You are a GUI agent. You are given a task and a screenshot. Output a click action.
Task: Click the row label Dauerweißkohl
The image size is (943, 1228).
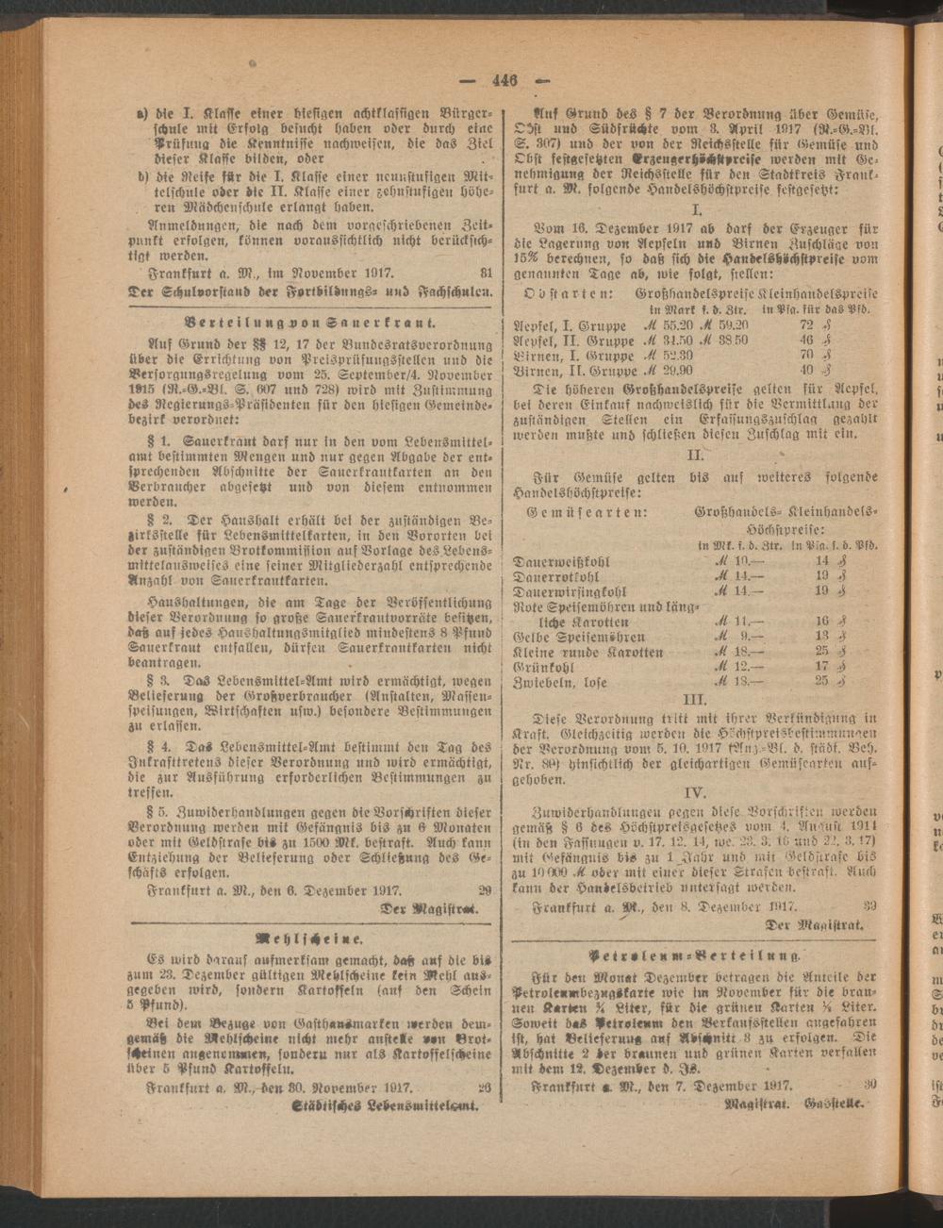(x=561, y=561)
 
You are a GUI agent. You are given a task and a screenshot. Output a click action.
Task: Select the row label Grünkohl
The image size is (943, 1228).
(x=545, y=666)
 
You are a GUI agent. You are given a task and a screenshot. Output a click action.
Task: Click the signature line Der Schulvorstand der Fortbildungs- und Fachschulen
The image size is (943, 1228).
(x=311, y=292)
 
